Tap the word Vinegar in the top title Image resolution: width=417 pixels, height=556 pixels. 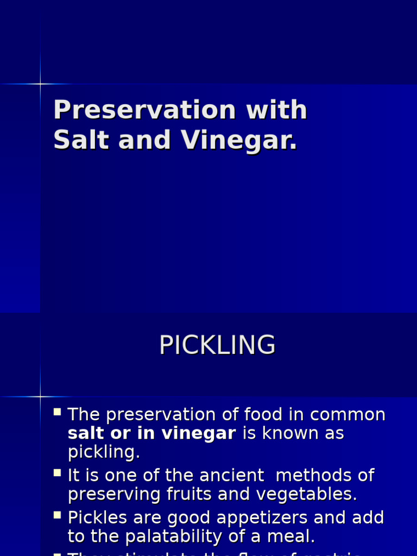tap(239, 140)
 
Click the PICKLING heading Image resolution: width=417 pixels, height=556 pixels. tap(217, 345)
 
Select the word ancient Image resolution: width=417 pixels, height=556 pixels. tap(230, 476)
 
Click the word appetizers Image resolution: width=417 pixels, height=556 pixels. tap(255, 517)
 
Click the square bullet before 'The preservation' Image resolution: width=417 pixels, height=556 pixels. tap(58, 412)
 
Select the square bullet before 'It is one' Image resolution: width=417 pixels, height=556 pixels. tap(58, 473)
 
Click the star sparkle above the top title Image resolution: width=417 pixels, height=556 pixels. tap(40, 84)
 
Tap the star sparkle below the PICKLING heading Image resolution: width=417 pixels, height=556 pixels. tap(40, 397)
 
